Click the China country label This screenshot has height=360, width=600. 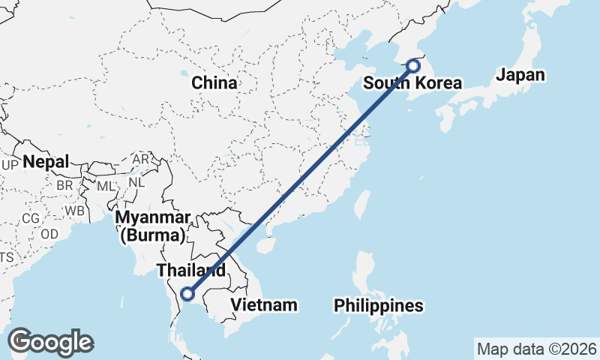point(214,82)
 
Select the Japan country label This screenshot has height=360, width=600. point(520,75)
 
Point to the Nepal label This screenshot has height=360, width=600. point(46,161)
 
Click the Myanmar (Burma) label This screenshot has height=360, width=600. point(151,226)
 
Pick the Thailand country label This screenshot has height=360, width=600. point(190,270)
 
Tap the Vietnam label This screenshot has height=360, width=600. point(264,305)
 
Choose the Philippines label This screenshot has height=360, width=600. point(379,306)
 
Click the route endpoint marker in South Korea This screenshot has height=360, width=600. point(412,66)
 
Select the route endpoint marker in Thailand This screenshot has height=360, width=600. point(187,294)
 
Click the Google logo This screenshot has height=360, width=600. point(50,341)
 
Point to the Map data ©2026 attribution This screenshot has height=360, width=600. point(537,349)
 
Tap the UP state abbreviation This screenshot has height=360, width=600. point(10,165)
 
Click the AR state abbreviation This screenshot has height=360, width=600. point(140,160)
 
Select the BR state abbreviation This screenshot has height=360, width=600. point(64,185)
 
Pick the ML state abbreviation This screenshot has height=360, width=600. point(106,185)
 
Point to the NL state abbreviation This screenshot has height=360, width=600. point(136,182)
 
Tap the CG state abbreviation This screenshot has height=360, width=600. point(30,218)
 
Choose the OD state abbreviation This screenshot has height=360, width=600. point(49,234)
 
